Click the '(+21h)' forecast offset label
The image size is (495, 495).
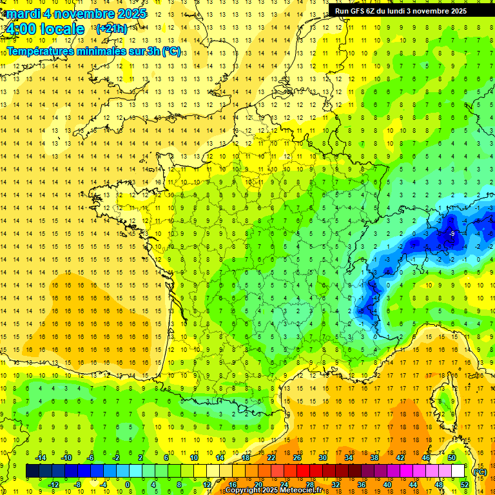point(112,29)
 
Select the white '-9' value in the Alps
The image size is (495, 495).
point(452,233)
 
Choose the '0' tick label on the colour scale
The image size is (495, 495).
point(127,485)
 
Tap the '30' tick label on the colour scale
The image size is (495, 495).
point(323,458)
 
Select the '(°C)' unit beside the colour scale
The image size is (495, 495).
point(480,471)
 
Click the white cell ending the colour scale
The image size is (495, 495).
point(458,471)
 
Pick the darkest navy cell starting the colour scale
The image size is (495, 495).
point(32,471)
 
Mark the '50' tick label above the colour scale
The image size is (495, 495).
point(451,458)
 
